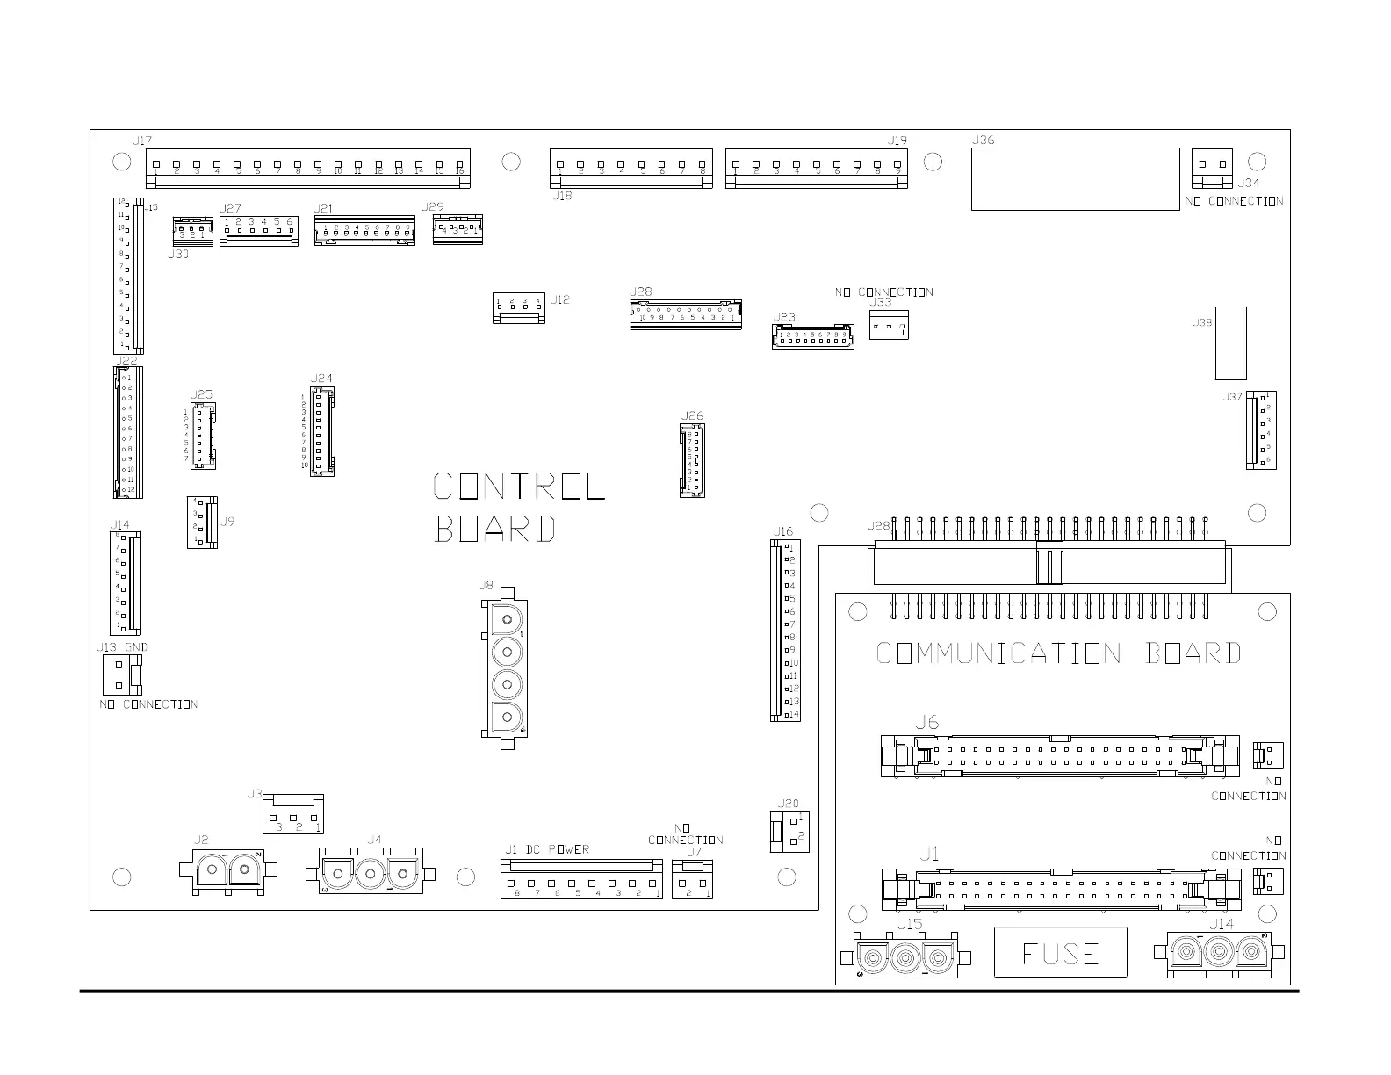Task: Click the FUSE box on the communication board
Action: coord(1060,952)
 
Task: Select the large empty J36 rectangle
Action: coord(1075,179)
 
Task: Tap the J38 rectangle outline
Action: coord(1230,342)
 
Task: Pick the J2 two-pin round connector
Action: coord(228,873)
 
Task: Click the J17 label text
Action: coord(142,141)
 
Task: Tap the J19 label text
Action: coord(897,141)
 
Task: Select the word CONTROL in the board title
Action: coord(519,486)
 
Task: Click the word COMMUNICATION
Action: coord(998,653)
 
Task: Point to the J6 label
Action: coord(926,723)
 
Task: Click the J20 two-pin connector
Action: coord(789,831)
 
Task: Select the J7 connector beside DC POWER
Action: coord(694,879)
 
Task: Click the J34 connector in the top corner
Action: coord(1212,169)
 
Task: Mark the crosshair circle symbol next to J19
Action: coord(933,162)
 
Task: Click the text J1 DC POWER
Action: coord(546,849)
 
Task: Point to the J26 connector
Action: coord(692,459)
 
